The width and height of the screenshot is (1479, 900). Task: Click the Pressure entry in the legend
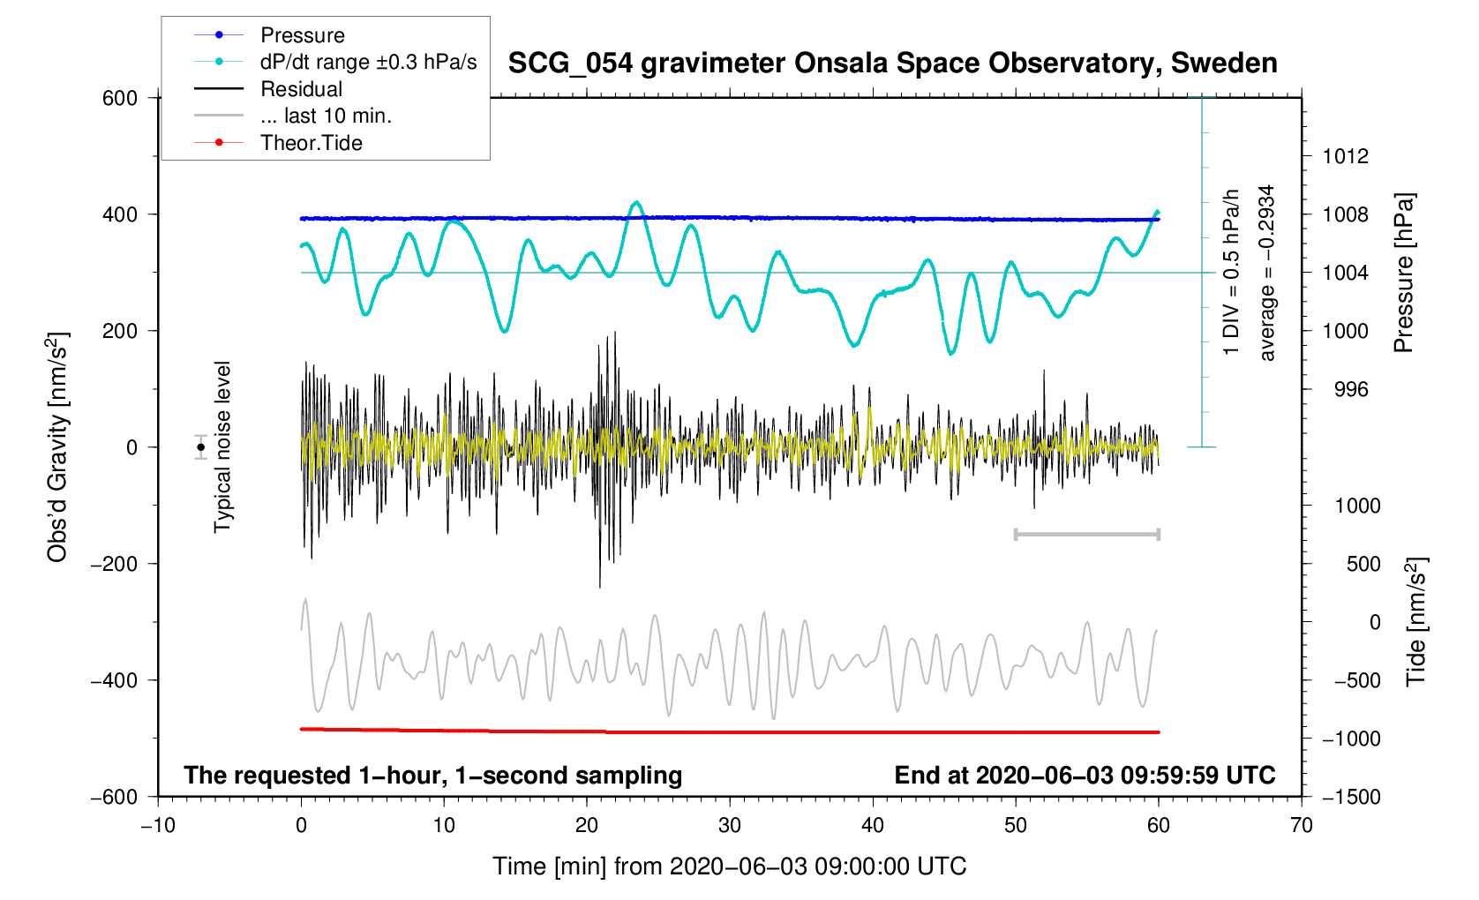(x=302, y=35)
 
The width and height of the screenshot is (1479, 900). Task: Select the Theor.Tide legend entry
(x=311, y=143)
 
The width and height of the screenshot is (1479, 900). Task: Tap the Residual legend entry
(x=301, y=89)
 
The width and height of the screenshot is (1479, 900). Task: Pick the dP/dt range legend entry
(x=367, y=62)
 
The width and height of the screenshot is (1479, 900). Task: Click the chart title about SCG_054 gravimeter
(x=892, y=64)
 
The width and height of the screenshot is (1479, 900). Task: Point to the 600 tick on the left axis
(x=120, y=98)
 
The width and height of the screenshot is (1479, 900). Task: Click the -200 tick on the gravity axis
(x=114, y=564)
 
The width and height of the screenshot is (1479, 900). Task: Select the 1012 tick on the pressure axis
(x=1345, y=157)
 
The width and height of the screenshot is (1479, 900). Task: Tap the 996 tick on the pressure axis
(x=1345, y=390)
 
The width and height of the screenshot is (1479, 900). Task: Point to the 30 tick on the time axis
(x=730, y=826)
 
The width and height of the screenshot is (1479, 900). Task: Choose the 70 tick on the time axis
(x=1301, y=826)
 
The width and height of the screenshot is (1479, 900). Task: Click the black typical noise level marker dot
(x=201, y=447)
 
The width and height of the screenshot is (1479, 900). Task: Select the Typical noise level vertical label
(x=222, y=447)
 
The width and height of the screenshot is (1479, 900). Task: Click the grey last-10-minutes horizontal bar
(x=1086, y=534)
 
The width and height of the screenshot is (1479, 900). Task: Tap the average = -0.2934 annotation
(x=1267, y=274)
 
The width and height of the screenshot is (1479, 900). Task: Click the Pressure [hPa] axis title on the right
(x=1403, y=274)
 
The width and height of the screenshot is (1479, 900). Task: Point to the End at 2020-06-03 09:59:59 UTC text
(x=1085, y=776)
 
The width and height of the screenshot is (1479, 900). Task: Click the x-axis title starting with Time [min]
(x=729, y=866)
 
